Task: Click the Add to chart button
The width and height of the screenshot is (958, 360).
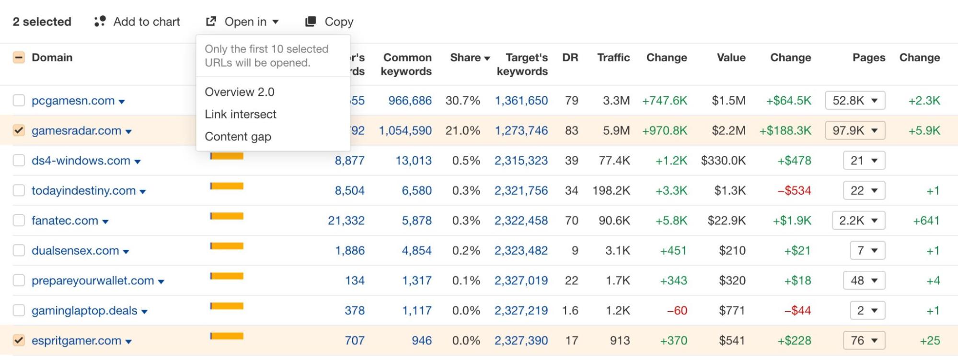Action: [x=138, y=22]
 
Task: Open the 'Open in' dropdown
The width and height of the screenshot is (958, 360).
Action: [x=242, y=22]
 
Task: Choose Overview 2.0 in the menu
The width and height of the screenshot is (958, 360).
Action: [x=240, y=92]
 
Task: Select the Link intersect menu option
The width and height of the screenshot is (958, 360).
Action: [x=241, y=114]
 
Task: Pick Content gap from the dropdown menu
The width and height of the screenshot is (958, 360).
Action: [x=238, y=137]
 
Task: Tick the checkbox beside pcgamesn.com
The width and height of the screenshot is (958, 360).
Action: [x=19, y=101]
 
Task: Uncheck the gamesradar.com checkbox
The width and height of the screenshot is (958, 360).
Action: [x=19, y=130]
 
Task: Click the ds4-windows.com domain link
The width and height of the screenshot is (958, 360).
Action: [x=81, y=161]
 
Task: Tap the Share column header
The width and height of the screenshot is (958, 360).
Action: [x=470, y=58]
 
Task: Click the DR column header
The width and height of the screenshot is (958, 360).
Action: [x=570, y=58]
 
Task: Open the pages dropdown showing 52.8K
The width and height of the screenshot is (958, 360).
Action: [x=855, y=101]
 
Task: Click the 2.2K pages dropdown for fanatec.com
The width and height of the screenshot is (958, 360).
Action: [x=858, y=221]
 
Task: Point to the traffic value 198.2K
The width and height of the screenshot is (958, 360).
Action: [x=611, y=191]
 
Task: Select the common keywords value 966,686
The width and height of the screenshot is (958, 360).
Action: [x=410, y=101]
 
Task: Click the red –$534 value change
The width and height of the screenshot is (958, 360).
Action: [x=794, y=191]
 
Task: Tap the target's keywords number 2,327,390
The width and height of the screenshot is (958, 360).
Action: [x=521, y=340]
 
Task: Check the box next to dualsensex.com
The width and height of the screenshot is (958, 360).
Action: [x=19, y=250]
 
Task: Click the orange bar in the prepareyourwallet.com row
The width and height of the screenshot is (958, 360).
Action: [x=227, y=276]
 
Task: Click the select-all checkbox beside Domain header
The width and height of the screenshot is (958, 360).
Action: [x=19, y=58]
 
